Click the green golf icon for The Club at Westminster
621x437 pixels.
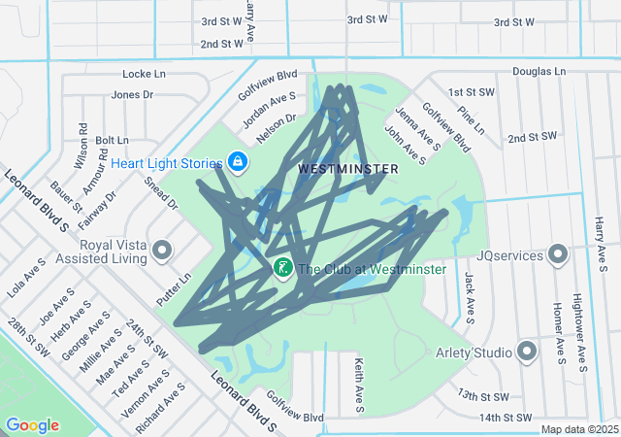tap(282, 268)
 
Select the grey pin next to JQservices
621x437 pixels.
tap(558, 255)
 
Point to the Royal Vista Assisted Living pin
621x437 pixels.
tap(161, 252)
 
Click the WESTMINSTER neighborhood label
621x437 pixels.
tap(347, 169)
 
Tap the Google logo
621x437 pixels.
tap(32, 425)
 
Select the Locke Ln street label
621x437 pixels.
tap(145, 74)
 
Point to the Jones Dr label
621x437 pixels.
tap(133, 94)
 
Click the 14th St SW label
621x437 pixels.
tap(507, 417)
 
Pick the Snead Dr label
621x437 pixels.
tap(160, 192)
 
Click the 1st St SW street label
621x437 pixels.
tap(472, 92)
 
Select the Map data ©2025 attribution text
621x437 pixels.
tap(578, 429)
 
